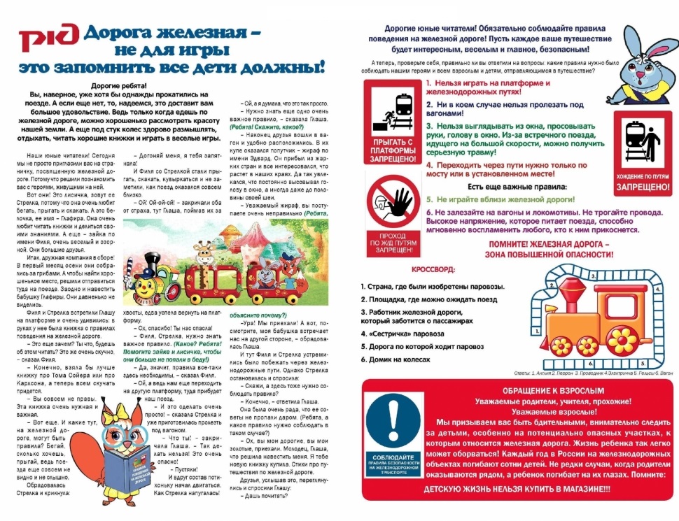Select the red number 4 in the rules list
click(429, 165)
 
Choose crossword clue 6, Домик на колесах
click(396, 359)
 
